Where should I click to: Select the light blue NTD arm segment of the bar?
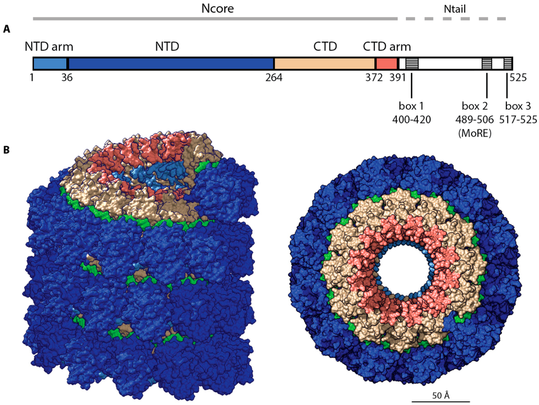tap(50, 64)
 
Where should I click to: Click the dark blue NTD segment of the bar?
tap(171, 64)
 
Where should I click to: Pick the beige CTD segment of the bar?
tap(324, 64)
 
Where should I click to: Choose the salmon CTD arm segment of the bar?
tap(386, 64)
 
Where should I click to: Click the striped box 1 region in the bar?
tap(412, 64)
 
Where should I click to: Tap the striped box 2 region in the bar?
tap(487, 64)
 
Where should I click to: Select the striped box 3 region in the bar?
tap(507, 64)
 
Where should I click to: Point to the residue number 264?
tap(274, 78)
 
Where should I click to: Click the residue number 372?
tap(374, 78)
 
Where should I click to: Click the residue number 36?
tap(67, 78)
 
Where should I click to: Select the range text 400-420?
tap(412, 120)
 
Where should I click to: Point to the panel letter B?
tap(6, 150)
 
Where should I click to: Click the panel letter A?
tap(6, 29)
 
